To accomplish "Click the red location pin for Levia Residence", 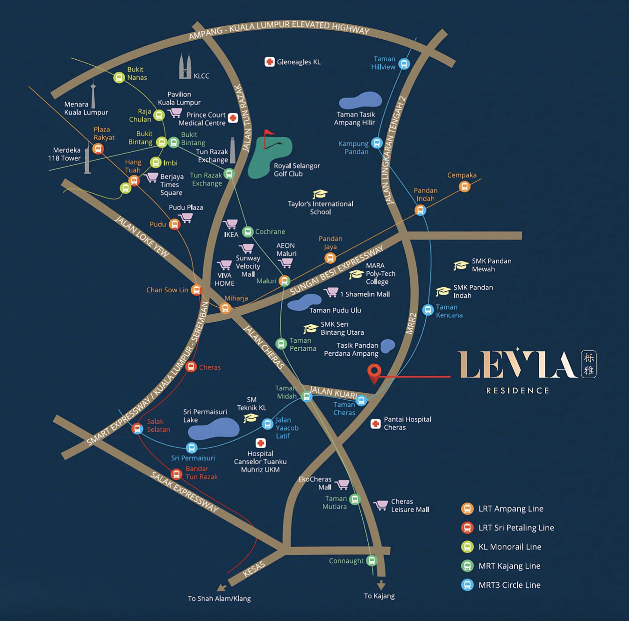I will (x=374, y=372).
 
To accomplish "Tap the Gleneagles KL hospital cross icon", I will (x=269, y=62).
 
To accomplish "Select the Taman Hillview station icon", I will (x=404, y=64).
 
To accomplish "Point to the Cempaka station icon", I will (x=464, y=186).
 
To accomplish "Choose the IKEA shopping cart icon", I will (x=230, y=224).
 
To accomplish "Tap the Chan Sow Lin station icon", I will (x=197, y=290).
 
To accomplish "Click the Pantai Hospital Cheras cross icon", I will (x=375, y=423).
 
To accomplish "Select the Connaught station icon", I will (x=372, y=560).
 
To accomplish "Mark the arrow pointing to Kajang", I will (x=381, y=585).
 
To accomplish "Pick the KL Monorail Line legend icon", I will (x=467, y=547).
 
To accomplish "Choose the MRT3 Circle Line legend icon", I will (x=467, y=585).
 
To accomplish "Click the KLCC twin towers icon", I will (x=185, y=66).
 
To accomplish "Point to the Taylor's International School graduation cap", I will (x=320, y=194).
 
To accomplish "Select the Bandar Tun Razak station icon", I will (x=176, y=474).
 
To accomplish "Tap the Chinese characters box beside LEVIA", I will (x=589, y=364).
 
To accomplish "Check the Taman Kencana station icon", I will (x=428, y=310).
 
